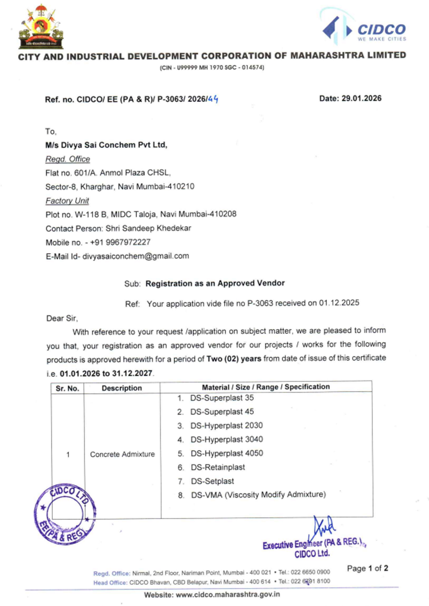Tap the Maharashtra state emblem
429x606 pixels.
coord(41,27)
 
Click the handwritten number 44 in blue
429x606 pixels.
coord(213,99)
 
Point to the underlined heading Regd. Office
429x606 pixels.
coord(68,159)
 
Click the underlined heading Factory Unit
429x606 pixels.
coord(67,201)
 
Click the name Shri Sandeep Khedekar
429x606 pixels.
coord(148,228)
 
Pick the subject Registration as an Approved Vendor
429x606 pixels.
coord(215,283)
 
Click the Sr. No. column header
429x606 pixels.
coord(67,388)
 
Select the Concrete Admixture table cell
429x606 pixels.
coord(122,454)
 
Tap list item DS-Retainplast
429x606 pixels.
coord(218,467)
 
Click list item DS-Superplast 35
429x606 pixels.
coord(222,398)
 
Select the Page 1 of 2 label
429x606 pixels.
coord(367,568)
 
